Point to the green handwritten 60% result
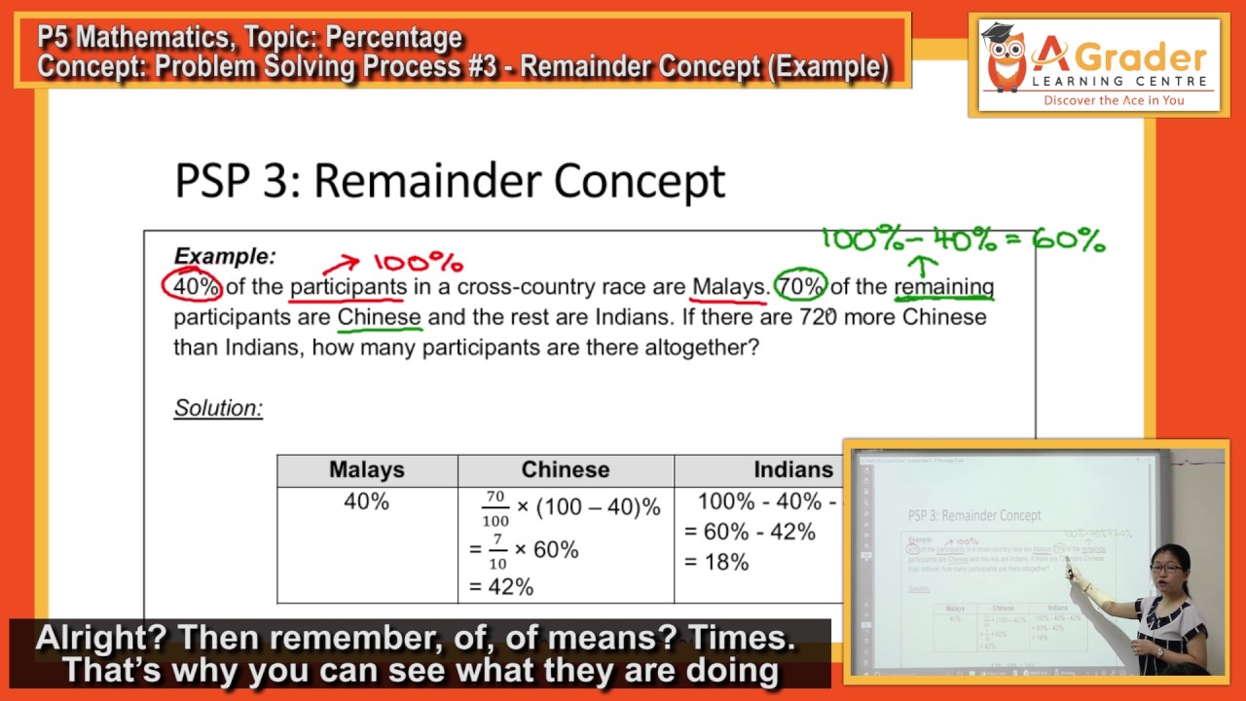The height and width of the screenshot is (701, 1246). [1069, 240]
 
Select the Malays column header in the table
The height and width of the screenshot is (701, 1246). [367, 470]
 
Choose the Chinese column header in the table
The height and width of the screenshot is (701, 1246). [566, 470]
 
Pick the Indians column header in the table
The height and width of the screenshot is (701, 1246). [792, 470]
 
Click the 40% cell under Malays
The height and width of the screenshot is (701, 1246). [366, 502]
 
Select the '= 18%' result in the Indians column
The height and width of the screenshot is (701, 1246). [716, 562]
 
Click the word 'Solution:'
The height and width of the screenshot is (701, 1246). [218, 408]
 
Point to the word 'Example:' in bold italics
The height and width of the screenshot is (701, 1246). [225, 257]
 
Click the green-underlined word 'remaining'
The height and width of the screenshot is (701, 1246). [943, 286]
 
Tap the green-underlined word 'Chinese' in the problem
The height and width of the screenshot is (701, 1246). [379, 317]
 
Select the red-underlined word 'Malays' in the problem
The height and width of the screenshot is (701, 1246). [729, 286]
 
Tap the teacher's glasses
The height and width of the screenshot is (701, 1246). [1166, 568]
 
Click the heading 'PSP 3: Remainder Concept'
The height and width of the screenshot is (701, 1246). [450, 181]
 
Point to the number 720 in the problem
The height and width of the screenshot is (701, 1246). [818, 317]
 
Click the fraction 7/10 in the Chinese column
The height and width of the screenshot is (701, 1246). [496, 550]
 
